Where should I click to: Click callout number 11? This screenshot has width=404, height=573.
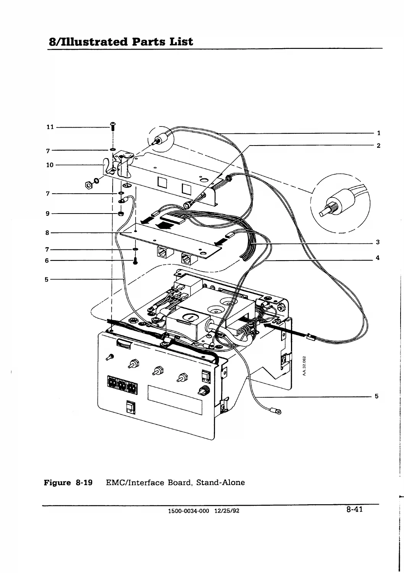(50, 127)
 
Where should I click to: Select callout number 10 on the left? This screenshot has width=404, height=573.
(50, 165)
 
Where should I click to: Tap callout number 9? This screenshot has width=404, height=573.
(48, 214)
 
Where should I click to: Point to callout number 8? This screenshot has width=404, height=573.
(47, 233)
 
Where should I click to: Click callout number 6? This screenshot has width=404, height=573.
(47, 261)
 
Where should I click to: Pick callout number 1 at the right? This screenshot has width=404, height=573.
(379, 133)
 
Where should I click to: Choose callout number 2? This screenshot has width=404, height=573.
(379, 146)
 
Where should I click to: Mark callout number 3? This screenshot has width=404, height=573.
(378, 242)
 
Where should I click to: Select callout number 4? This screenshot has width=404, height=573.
(378, 258)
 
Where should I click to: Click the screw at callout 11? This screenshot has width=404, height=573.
(113, 126)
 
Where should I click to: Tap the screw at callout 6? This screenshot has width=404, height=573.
(136, 261)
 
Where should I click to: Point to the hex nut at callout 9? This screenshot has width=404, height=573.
(121, 214)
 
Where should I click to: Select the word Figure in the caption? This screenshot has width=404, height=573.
(57, 483)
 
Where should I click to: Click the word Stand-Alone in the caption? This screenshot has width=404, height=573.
(220, 482)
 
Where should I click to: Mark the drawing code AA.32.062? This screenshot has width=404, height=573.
(304, 366)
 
